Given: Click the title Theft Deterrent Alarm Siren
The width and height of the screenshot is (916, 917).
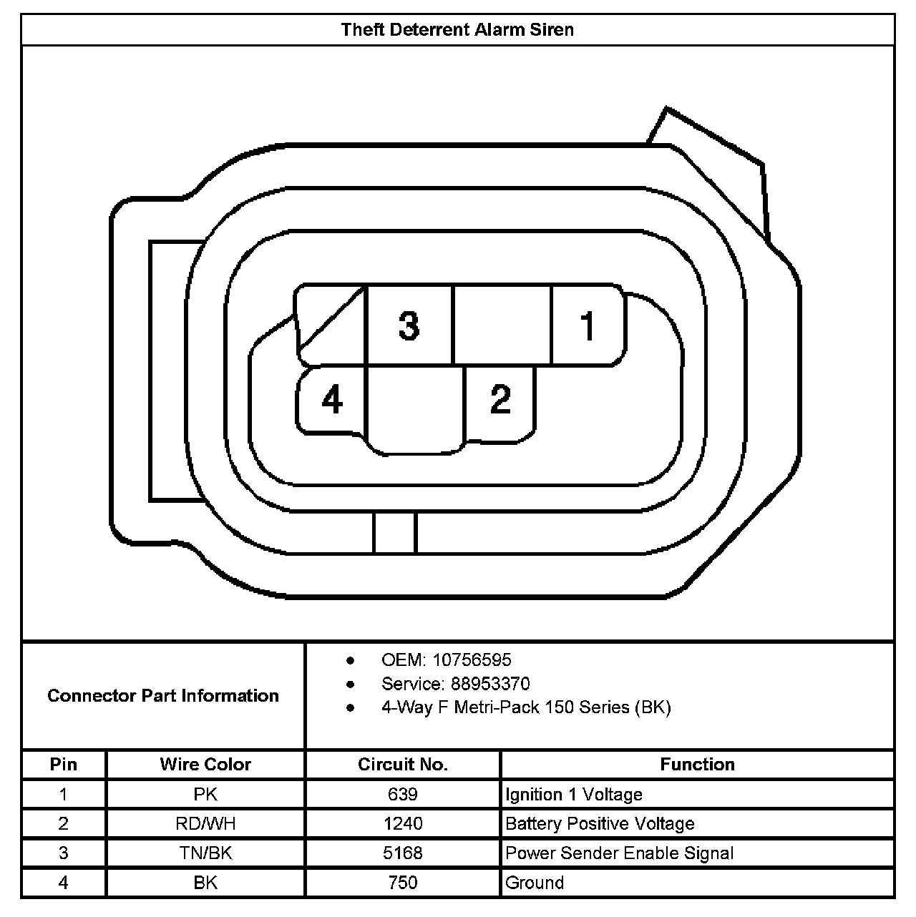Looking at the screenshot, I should pos(457,30).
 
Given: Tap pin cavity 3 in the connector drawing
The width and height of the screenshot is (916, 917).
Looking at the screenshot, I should pos(409,325).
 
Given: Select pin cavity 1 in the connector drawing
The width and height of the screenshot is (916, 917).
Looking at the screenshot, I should pos(588,325).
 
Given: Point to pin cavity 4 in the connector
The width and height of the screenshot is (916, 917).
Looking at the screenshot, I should pos(332,400).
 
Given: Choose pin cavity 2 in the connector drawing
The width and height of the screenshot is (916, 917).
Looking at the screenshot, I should pos(500,399).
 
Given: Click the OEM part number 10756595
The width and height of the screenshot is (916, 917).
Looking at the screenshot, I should pos(472,660).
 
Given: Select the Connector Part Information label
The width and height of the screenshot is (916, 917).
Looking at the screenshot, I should pos(163,696).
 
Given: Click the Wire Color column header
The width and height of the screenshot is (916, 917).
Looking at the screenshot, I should pos(205,765).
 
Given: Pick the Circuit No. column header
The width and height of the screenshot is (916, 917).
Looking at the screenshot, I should pos(403,765).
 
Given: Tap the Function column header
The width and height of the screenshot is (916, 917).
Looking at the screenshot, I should pos(697,765).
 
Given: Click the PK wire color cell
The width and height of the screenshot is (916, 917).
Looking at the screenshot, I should pos(205,795).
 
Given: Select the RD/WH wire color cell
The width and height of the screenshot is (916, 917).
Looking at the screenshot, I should pos(205,824).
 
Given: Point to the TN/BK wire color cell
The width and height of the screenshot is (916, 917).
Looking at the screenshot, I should pos(205,853).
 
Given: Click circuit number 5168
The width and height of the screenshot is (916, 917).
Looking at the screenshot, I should pos(403,853).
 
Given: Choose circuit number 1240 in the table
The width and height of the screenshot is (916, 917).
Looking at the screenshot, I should pos(403,824).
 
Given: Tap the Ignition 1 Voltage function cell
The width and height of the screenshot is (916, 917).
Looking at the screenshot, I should pos(574,795).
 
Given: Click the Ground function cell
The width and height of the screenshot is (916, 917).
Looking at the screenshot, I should pos(535,883).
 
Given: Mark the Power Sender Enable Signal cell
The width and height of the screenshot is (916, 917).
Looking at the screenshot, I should pos(619,853).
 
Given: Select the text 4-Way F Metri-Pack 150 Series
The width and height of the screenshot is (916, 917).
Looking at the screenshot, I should pos(526,708).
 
